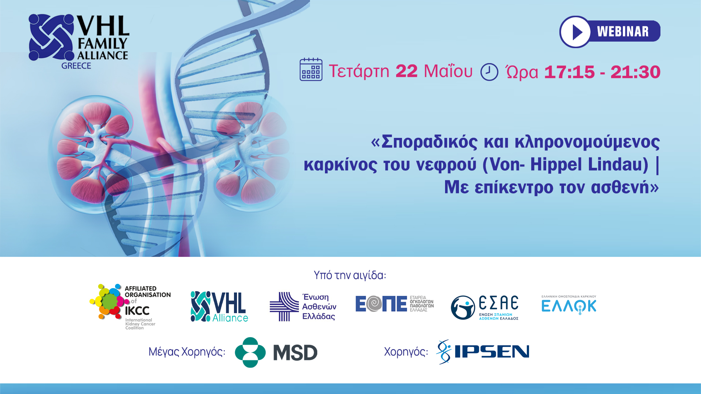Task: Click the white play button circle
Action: [575, 32]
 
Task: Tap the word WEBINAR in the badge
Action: [623, 32]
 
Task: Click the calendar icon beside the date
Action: [311, 69]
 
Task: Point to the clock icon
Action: [489, 72]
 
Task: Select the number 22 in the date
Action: [406, 71]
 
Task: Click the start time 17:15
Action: [569, 72]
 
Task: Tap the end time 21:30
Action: [635, 72]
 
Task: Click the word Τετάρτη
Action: [359, 72]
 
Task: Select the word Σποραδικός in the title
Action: [429, 142]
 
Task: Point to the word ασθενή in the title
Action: [620, 187]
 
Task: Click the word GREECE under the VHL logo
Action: [76, 66]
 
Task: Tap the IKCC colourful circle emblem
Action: [109, 301]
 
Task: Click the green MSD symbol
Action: [250, 352]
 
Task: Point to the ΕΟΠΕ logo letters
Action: [381, 304]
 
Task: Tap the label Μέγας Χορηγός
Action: [187, 352]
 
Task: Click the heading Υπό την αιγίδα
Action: [350, 275]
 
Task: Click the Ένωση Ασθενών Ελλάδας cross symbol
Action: [284, 306]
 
